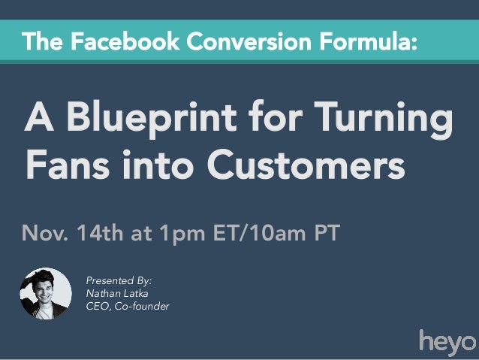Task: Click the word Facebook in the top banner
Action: point(117,41)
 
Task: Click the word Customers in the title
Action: point(300,164)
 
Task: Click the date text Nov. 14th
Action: point(74,232)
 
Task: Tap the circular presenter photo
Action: point(46,294)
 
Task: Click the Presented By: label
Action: point(119,280)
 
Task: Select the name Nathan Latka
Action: point(117,293)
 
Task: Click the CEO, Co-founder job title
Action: point(127,306)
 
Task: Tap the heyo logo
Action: point(446,341)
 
